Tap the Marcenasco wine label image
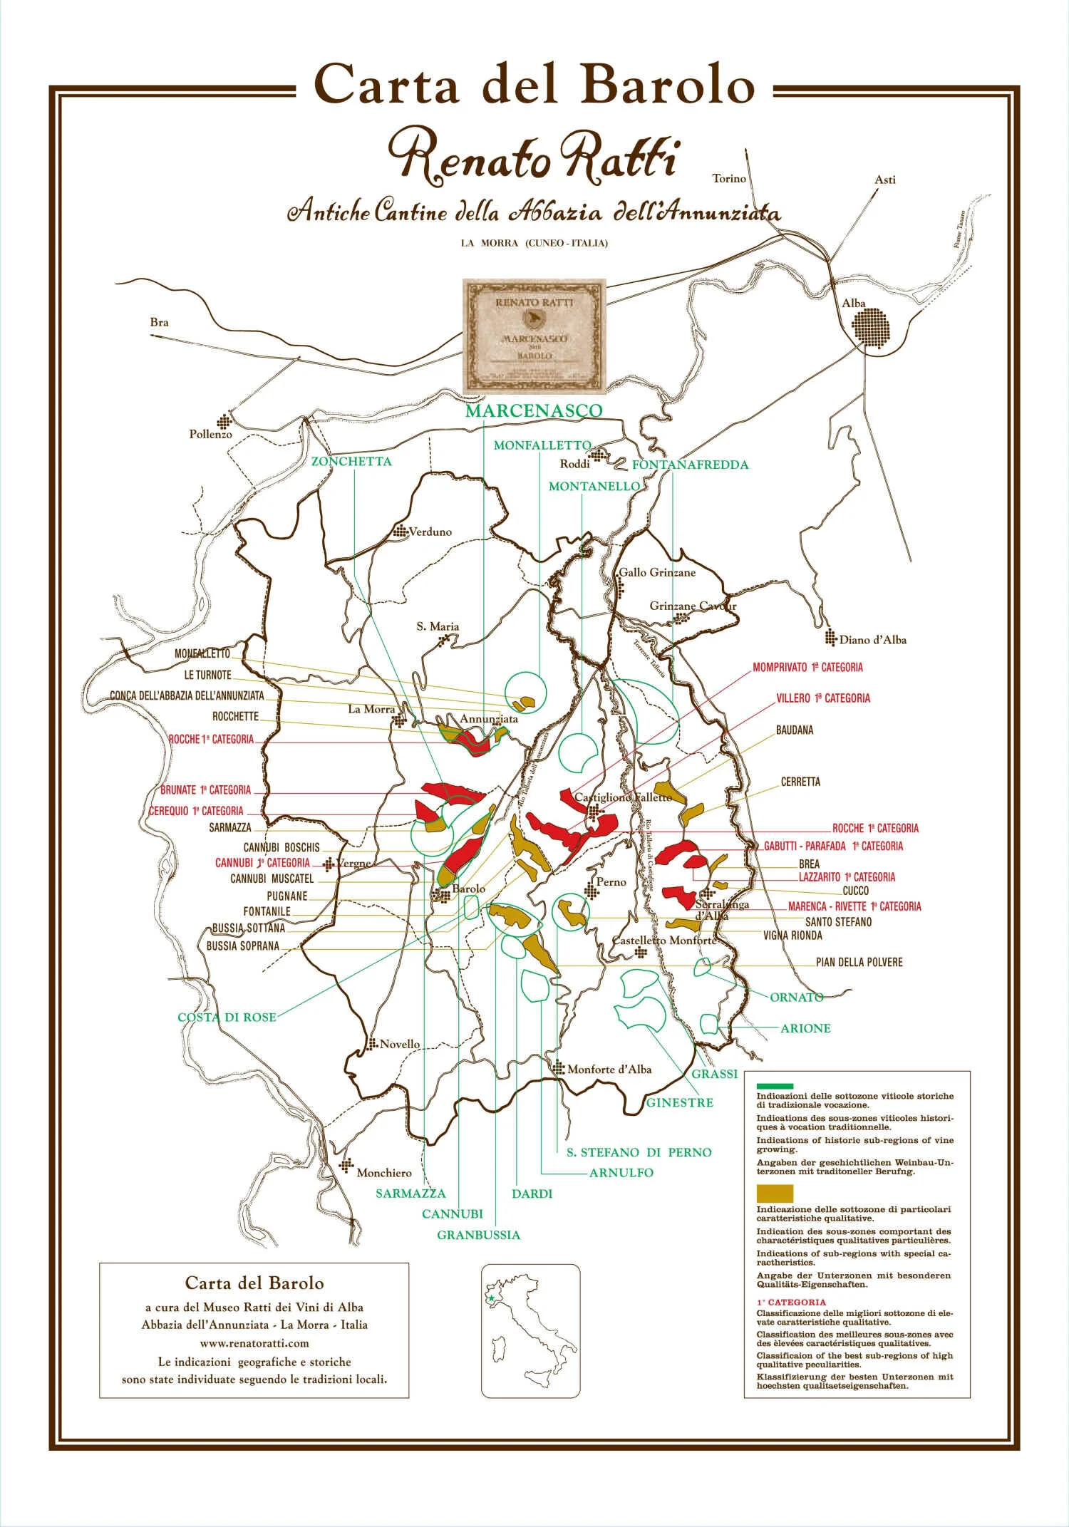coord(534,336)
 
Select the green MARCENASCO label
coord(534,411)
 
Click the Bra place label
coord(160,322)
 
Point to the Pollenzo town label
coord(210,434)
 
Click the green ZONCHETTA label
coord(351,462)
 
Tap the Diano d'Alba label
coord(872,640)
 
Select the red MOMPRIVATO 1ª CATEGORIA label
coord(807,668)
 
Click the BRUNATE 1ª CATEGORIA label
coord(206,790)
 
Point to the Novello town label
coord(400,1045)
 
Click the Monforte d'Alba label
coord(609,1070)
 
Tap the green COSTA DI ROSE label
coord(227,1018)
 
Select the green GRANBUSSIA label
coord(478,1235)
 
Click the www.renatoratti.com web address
coord(254,1343)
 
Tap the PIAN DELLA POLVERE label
coord(859,962)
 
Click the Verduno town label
coord(430,532)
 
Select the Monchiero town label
coord(384,1173)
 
